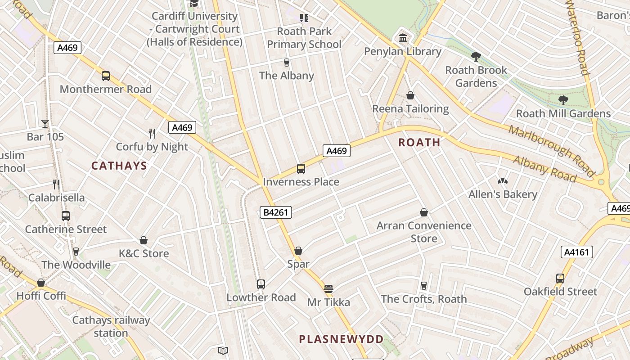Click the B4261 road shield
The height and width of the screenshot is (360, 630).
click(275, 212)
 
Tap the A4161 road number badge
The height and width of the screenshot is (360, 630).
click(576, 252)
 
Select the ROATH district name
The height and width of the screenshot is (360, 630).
click(419, 143)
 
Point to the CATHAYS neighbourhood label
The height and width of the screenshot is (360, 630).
click(119, 166)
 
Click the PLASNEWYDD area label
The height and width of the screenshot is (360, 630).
click(342, 339)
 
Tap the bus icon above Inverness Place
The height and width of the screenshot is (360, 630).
click(301, 169)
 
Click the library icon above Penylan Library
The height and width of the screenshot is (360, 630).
click(403, 38)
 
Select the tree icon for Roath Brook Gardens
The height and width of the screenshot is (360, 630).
click(476, 57)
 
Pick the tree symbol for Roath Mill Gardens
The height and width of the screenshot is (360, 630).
click(563, 100)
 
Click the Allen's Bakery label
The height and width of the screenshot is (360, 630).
click(503, 194)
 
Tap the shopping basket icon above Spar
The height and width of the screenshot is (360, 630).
click(298, 251)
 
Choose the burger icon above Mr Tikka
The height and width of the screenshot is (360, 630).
click(328, 289)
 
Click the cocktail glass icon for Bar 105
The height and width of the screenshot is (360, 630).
click(45, 123)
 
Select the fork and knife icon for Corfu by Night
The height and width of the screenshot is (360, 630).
click(152, 133)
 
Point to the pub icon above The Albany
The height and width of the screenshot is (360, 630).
click(286, 62)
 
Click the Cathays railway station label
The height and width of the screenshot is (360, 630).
click(111, 327)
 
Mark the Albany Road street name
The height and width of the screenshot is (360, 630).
click(544, 169)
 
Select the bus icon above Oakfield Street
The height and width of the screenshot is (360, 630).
click(560, 279)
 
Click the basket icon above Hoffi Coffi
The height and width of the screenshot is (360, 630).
click(41, 283)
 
